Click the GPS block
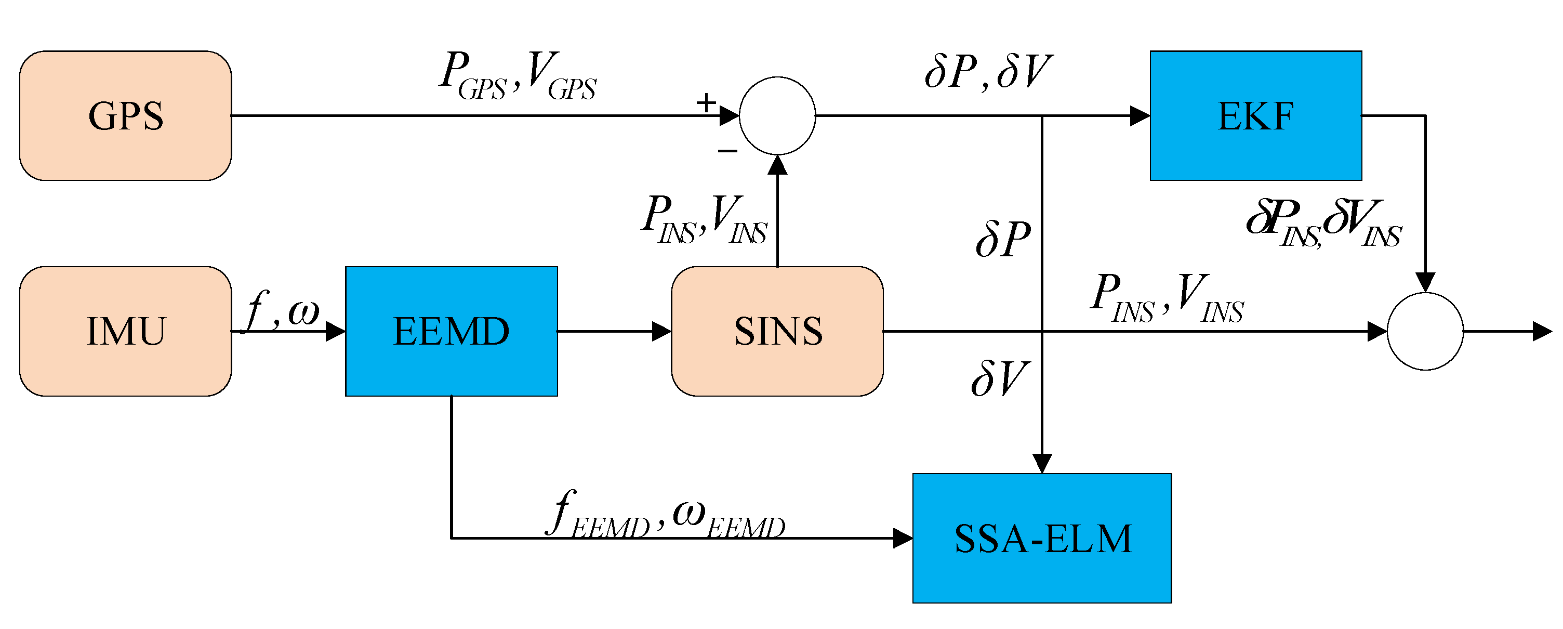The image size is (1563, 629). coord(126,115)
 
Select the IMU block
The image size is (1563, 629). coord(126,331)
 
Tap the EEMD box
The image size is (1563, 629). coord(452,331)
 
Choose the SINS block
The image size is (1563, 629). coord(777,331)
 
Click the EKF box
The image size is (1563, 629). coord(1255,115)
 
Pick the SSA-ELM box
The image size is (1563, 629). coord(1042,538)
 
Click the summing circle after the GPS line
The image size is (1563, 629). coord(777,115)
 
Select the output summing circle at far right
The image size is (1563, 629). coord(1425,331)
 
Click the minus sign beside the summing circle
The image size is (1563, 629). coord(727,151)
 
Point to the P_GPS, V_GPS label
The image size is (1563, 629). coord(518,76)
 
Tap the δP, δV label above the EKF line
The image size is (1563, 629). coord(987,72)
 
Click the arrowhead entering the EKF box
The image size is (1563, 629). coord(1140,115)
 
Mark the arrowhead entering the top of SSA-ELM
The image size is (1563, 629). coord(1042,463)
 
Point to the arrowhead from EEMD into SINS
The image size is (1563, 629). coord(661,331)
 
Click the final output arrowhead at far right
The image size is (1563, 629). coord(1542,331)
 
